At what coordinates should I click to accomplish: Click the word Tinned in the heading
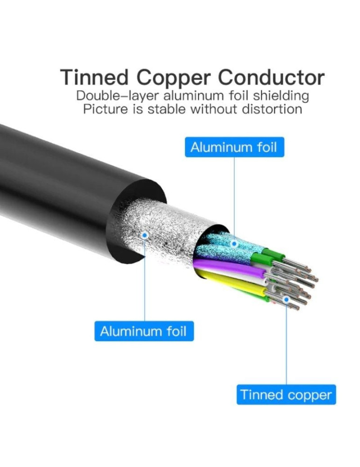point(94,77)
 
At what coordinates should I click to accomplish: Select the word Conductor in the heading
point(271,77)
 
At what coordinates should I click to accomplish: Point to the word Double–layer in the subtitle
point(119,96)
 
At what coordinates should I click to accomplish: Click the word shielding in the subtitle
point(281,96)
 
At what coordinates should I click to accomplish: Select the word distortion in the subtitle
point(272,109)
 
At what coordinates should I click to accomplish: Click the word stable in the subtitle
point(168,109)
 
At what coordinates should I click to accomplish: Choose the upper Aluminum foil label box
point(234,147)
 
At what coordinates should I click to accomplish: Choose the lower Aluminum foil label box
point(144,331)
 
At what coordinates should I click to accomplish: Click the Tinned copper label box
point(286,395)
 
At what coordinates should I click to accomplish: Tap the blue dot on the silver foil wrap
point(145,235)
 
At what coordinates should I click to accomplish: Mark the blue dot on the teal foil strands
point(234,244)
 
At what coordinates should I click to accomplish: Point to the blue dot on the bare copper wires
point(286,299)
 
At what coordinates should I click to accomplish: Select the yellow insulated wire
point(235,283)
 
